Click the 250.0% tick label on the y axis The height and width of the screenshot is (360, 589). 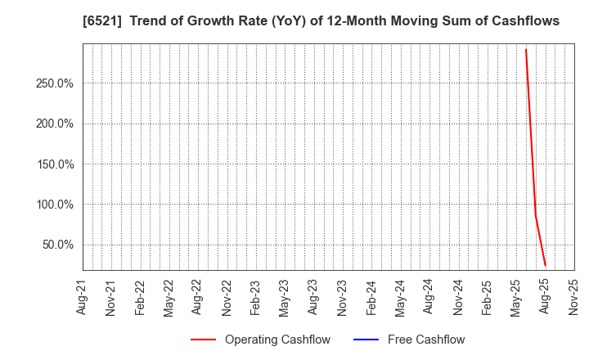[55, 83]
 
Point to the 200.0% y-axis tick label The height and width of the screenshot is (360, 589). [55, 124]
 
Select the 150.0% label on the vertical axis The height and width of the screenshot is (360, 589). [55, 164]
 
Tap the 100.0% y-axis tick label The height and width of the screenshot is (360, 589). [55, 205]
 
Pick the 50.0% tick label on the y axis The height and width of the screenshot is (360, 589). [57, 245]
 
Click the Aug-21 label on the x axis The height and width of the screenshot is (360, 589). [82, 297]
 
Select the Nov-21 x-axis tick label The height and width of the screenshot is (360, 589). [111, 297]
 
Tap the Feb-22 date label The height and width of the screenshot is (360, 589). [140, 297]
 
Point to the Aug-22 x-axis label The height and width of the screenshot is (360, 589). [198, 297]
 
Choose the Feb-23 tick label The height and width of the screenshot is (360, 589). [255, 297]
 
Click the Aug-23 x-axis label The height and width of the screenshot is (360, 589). [313, 297]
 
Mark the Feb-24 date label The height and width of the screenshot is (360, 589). [371, 297]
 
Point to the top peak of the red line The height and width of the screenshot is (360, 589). [526, 49]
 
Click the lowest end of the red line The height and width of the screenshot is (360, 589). [546, 266]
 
